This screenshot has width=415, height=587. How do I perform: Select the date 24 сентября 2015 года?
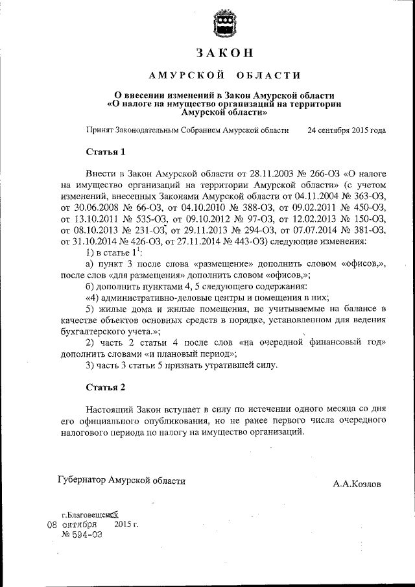tap(347, 130)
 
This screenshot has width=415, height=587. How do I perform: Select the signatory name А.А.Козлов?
tap(357, 484)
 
